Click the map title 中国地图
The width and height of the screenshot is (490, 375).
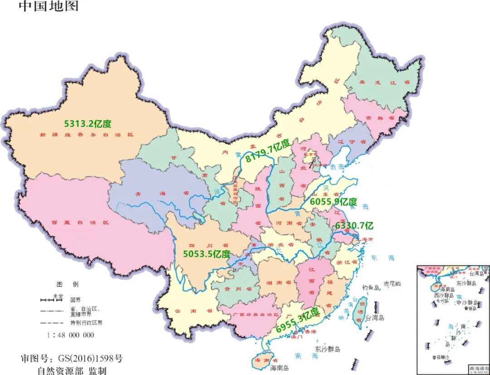pyautogui.click(x=49, y=6)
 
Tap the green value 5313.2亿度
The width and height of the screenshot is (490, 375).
pyautogui.click(x=88, y=124)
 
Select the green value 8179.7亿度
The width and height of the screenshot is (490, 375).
pyautogui.click(x=267, y=151)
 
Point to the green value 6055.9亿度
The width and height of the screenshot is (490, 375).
pyautogui.click(x=333, y=202)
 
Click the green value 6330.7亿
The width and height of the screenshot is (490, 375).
pyautogui.click(x=354, y=225)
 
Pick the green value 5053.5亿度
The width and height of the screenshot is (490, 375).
pyautogui.click(x=206, y=254)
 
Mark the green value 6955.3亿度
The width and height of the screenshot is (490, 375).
pyautogui.click(x=298, y=320)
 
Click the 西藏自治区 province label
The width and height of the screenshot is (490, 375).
pyautogui.click(x=81, y=223)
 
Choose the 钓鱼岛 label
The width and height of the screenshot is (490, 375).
pyautogui.click(x=371, y=287)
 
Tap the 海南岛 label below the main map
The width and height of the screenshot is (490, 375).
pyautogui.click(x=279, y=368)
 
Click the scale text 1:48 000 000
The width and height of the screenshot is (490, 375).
pyautogui.click(x=70, y=335)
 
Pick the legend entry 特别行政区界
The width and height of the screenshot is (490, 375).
pyautogui.click(x=86, y=323)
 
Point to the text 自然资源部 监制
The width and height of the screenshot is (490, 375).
pyautogui.click(x=72, y=370)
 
